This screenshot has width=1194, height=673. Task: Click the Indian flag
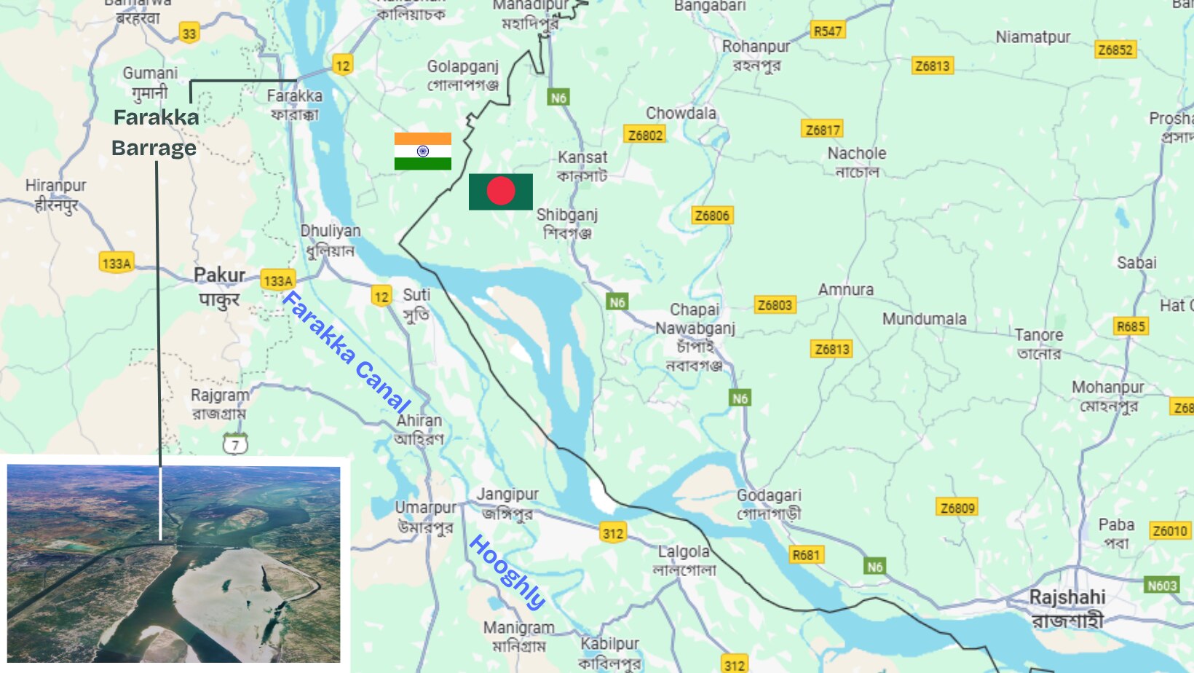pos(422,151)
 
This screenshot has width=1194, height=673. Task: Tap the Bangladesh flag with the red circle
pos(500,192)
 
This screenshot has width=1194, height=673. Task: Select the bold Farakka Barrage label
pos(155,133)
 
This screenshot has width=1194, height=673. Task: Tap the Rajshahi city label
pos(1067,607)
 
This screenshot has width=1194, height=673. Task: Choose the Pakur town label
pos(219,286)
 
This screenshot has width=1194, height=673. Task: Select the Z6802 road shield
pos(645,135)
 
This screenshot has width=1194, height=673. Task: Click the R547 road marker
pos(828,31)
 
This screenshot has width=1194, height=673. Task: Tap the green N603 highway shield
pos(1162,586)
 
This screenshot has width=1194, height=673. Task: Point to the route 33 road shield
pos(189,34)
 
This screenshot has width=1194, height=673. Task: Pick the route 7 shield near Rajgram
pos(235,444)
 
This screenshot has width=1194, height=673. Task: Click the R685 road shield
pos(1131,326)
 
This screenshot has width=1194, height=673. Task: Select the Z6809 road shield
pos(957,508)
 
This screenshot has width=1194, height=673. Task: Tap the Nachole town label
pos(857,162)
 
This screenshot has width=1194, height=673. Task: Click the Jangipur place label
pos(507,503)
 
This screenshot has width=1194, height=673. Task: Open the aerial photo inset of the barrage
pos(173,564)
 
